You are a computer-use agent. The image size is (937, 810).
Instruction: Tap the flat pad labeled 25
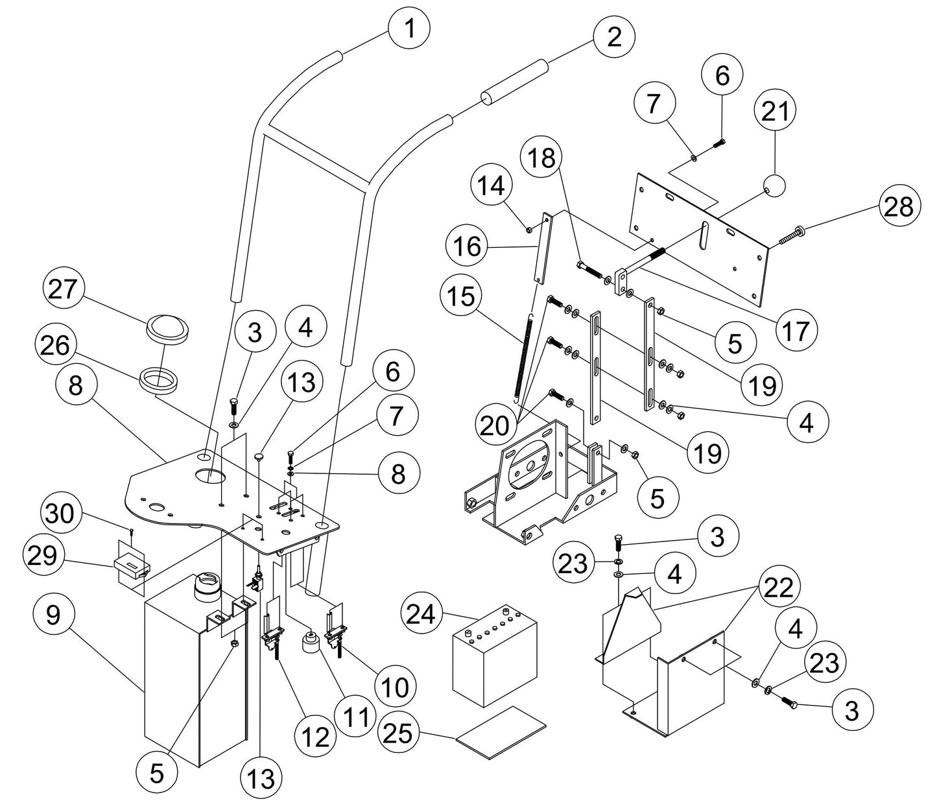coord(501,731)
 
